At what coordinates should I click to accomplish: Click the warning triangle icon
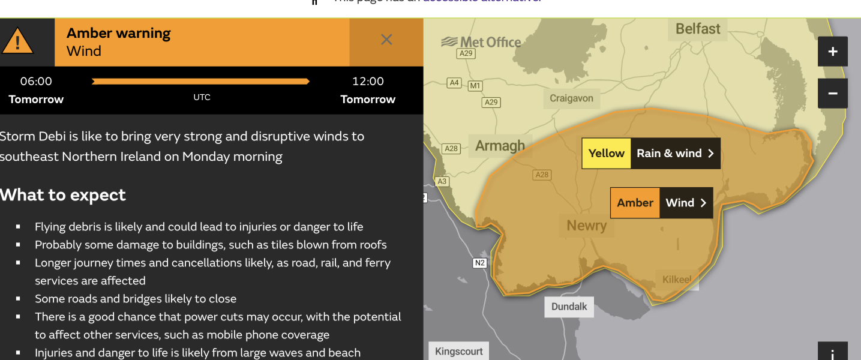tap(18, 41)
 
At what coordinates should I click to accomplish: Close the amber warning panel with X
tap(386, 40)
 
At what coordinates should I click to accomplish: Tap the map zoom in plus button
tap(832, 52)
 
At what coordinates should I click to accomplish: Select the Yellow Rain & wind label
tap(651, 153)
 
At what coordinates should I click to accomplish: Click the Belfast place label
tap(698, 29)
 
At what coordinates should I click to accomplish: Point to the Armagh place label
tap(500, 146)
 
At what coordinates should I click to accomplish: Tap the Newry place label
tap(586, 226)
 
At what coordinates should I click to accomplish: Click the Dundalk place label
tap(569, 307)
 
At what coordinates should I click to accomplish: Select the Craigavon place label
tap(571, 98)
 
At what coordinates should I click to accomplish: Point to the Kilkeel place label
tap(677, 280)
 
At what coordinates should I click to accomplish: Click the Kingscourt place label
tap(459, 352)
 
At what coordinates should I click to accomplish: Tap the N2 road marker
tap(479, 263)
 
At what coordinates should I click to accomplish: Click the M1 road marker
tap(475, 86)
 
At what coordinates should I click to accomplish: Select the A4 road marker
tap(454, 83)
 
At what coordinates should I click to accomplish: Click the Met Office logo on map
tap(481, 42)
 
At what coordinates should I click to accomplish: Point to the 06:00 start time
tap(36, 82)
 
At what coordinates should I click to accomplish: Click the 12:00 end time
tap(368, 82)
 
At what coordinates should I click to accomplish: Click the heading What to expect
tap(63, 195)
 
